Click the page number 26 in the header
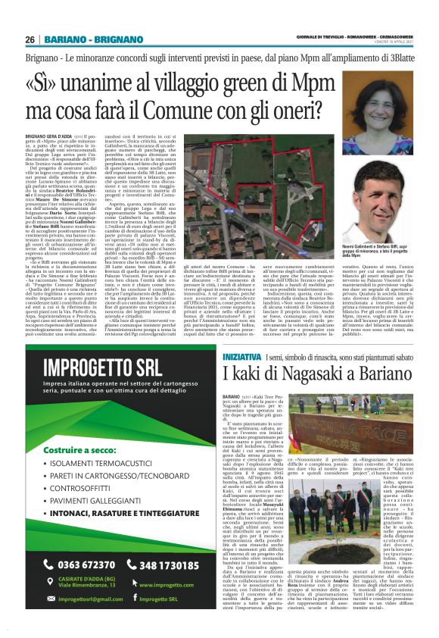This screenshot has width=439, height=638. [x=30, y=39]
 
